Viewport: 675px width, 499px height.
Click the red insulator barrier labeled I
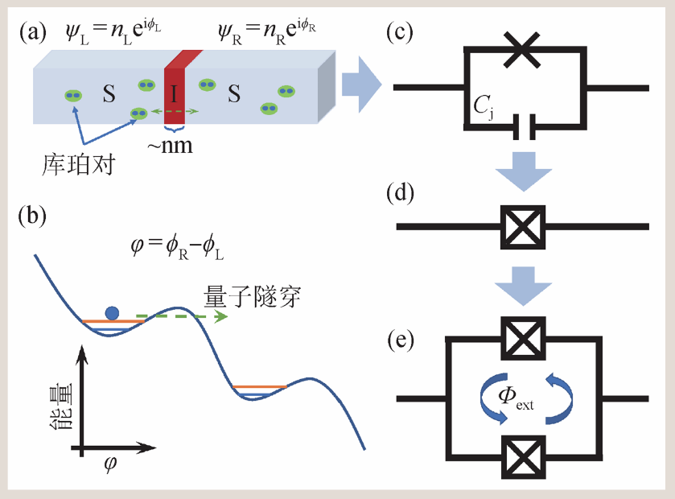(x=175, y=93)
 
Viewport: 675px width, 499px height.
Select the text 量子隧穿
(x=265, y=297)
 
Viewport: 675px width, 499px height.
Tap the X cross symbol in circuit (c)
(x=522, y=51)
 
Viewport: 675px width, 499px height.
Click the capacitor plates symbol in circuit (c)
(x=522, y=125)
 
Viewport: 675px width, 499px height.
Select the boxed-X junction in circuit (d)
(x=522, y=226)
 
